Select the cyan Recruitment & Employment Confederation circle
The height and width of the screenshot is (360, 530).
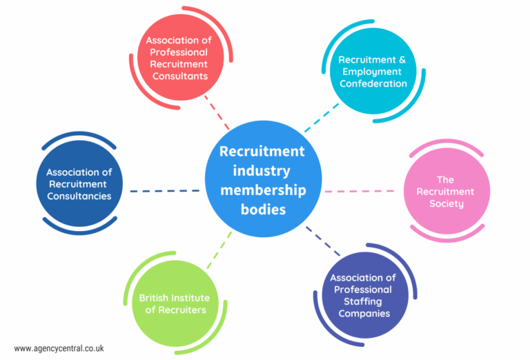pos(372,72)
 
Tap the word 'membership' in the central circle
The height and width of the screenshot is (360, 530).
pos(263,190)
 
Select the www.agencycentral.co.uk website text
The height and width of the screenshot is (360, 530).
pos(59,348)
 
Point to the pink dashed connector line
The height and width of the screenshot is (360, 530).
pos(363,190)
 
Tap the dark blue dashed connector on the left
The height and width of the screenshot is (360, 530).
pos(164,190)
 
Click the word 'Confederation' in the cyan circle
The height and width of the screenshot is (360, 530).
pos(372,83)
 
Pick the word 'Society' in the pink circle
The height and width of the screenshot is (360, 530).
pos(445,203)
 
